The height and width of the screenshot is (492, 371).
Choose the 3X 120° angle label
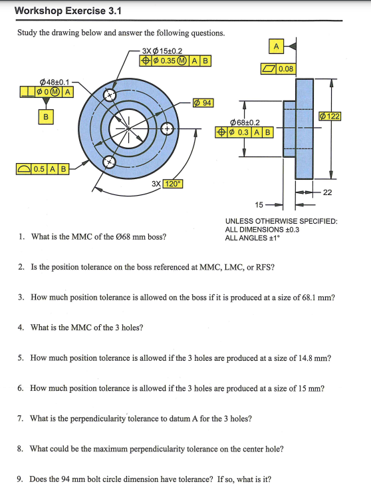click(x=164, y=184)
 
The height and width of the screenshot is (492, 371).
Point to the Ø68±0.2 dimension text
click(x=244, y=122)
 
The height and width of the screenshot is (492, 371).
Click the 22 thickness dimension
click(x=328, y=192)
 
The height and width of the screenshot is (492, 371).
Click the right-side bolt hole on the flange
click(x=166, y=128)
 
